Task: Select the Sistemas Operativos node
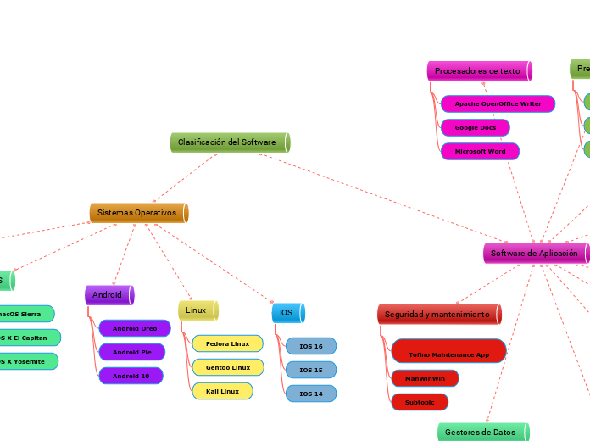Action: point(138,212)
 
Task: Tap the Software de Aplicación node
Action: point(535,253)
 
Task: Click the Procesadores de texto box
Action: point(479,71)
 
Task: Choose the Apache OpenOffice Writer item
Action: point(498,103)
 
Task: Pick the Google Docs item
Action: point(476,127)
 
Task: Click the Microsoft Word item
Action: point(480,151)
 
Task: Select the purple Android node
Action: point(109,294)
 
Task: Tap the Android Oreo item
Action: point(135,328)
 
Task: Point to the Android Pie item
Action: point(131,352)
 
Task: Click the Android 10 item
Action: point(131,376)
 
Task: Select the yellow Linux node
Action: point(198,310)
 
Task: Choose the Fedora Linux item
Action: point(227,343)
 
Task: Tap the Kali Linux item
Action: point(222,391)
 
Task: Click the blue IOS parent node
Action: point(287,313)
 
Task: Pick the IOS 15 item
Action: point(311,370)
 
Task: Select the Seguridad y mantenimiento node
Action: point(438,315)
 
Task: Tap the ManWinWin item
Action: point(425,378)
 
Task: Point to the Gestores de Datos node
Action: point(481,432)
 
